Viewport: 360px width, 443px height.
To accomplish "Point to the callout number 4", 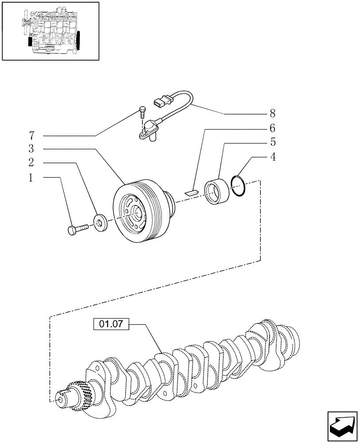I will (x=273, y=157).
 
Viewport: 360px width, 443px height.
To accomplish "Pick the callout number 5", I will (x=273, y=142).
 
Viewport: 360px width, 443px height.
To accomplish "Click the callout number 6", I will (x=273, y=128).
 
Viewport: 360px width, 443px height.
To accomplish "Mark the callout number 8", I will (x=273, y=114).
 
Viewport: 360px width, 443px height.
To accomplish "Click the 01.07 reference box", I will (x=111, y=325).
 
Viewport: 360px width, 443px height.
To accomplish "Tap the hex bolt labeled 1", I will (x=78, y=230).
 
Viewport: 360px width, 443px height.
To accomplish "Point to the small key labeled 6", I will (x=191, y=192).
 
